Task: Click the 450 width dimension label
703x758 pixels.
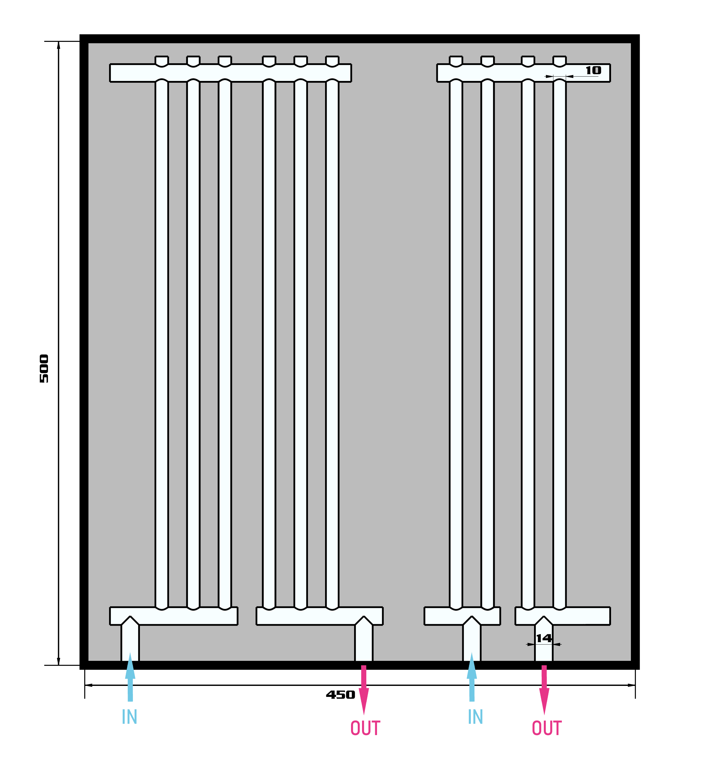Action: click(x=340, y=695)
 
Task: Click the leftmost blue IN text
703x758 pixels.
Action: click(x=129, y=717)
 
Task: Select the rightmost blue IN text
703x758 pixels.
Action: click(x=475, y=717)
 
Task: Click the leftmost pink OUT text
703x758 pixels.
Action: click(x=365, y=728)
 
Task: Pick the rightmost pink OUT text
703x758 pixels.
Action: click(x=547, y=728)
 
